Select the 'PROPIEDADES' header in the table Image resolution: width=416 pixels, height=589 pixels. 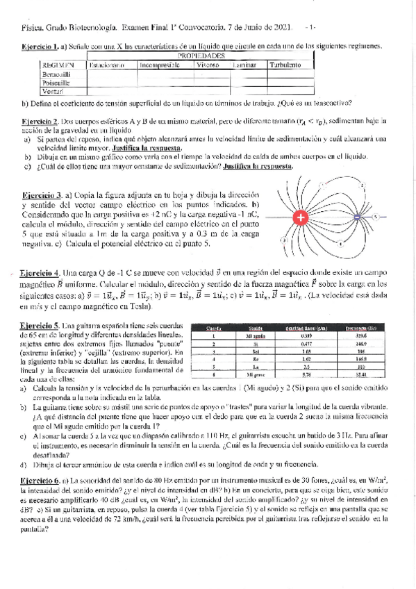pos(201,55)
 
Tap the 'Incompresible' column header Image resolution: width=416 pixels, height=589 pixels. pos(160,65)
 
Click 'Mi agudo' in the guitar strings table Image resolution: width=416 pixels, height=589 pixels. pos(253,335)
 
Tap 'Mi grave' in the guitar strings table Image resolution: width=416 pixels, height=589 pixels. pos(253,373)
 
